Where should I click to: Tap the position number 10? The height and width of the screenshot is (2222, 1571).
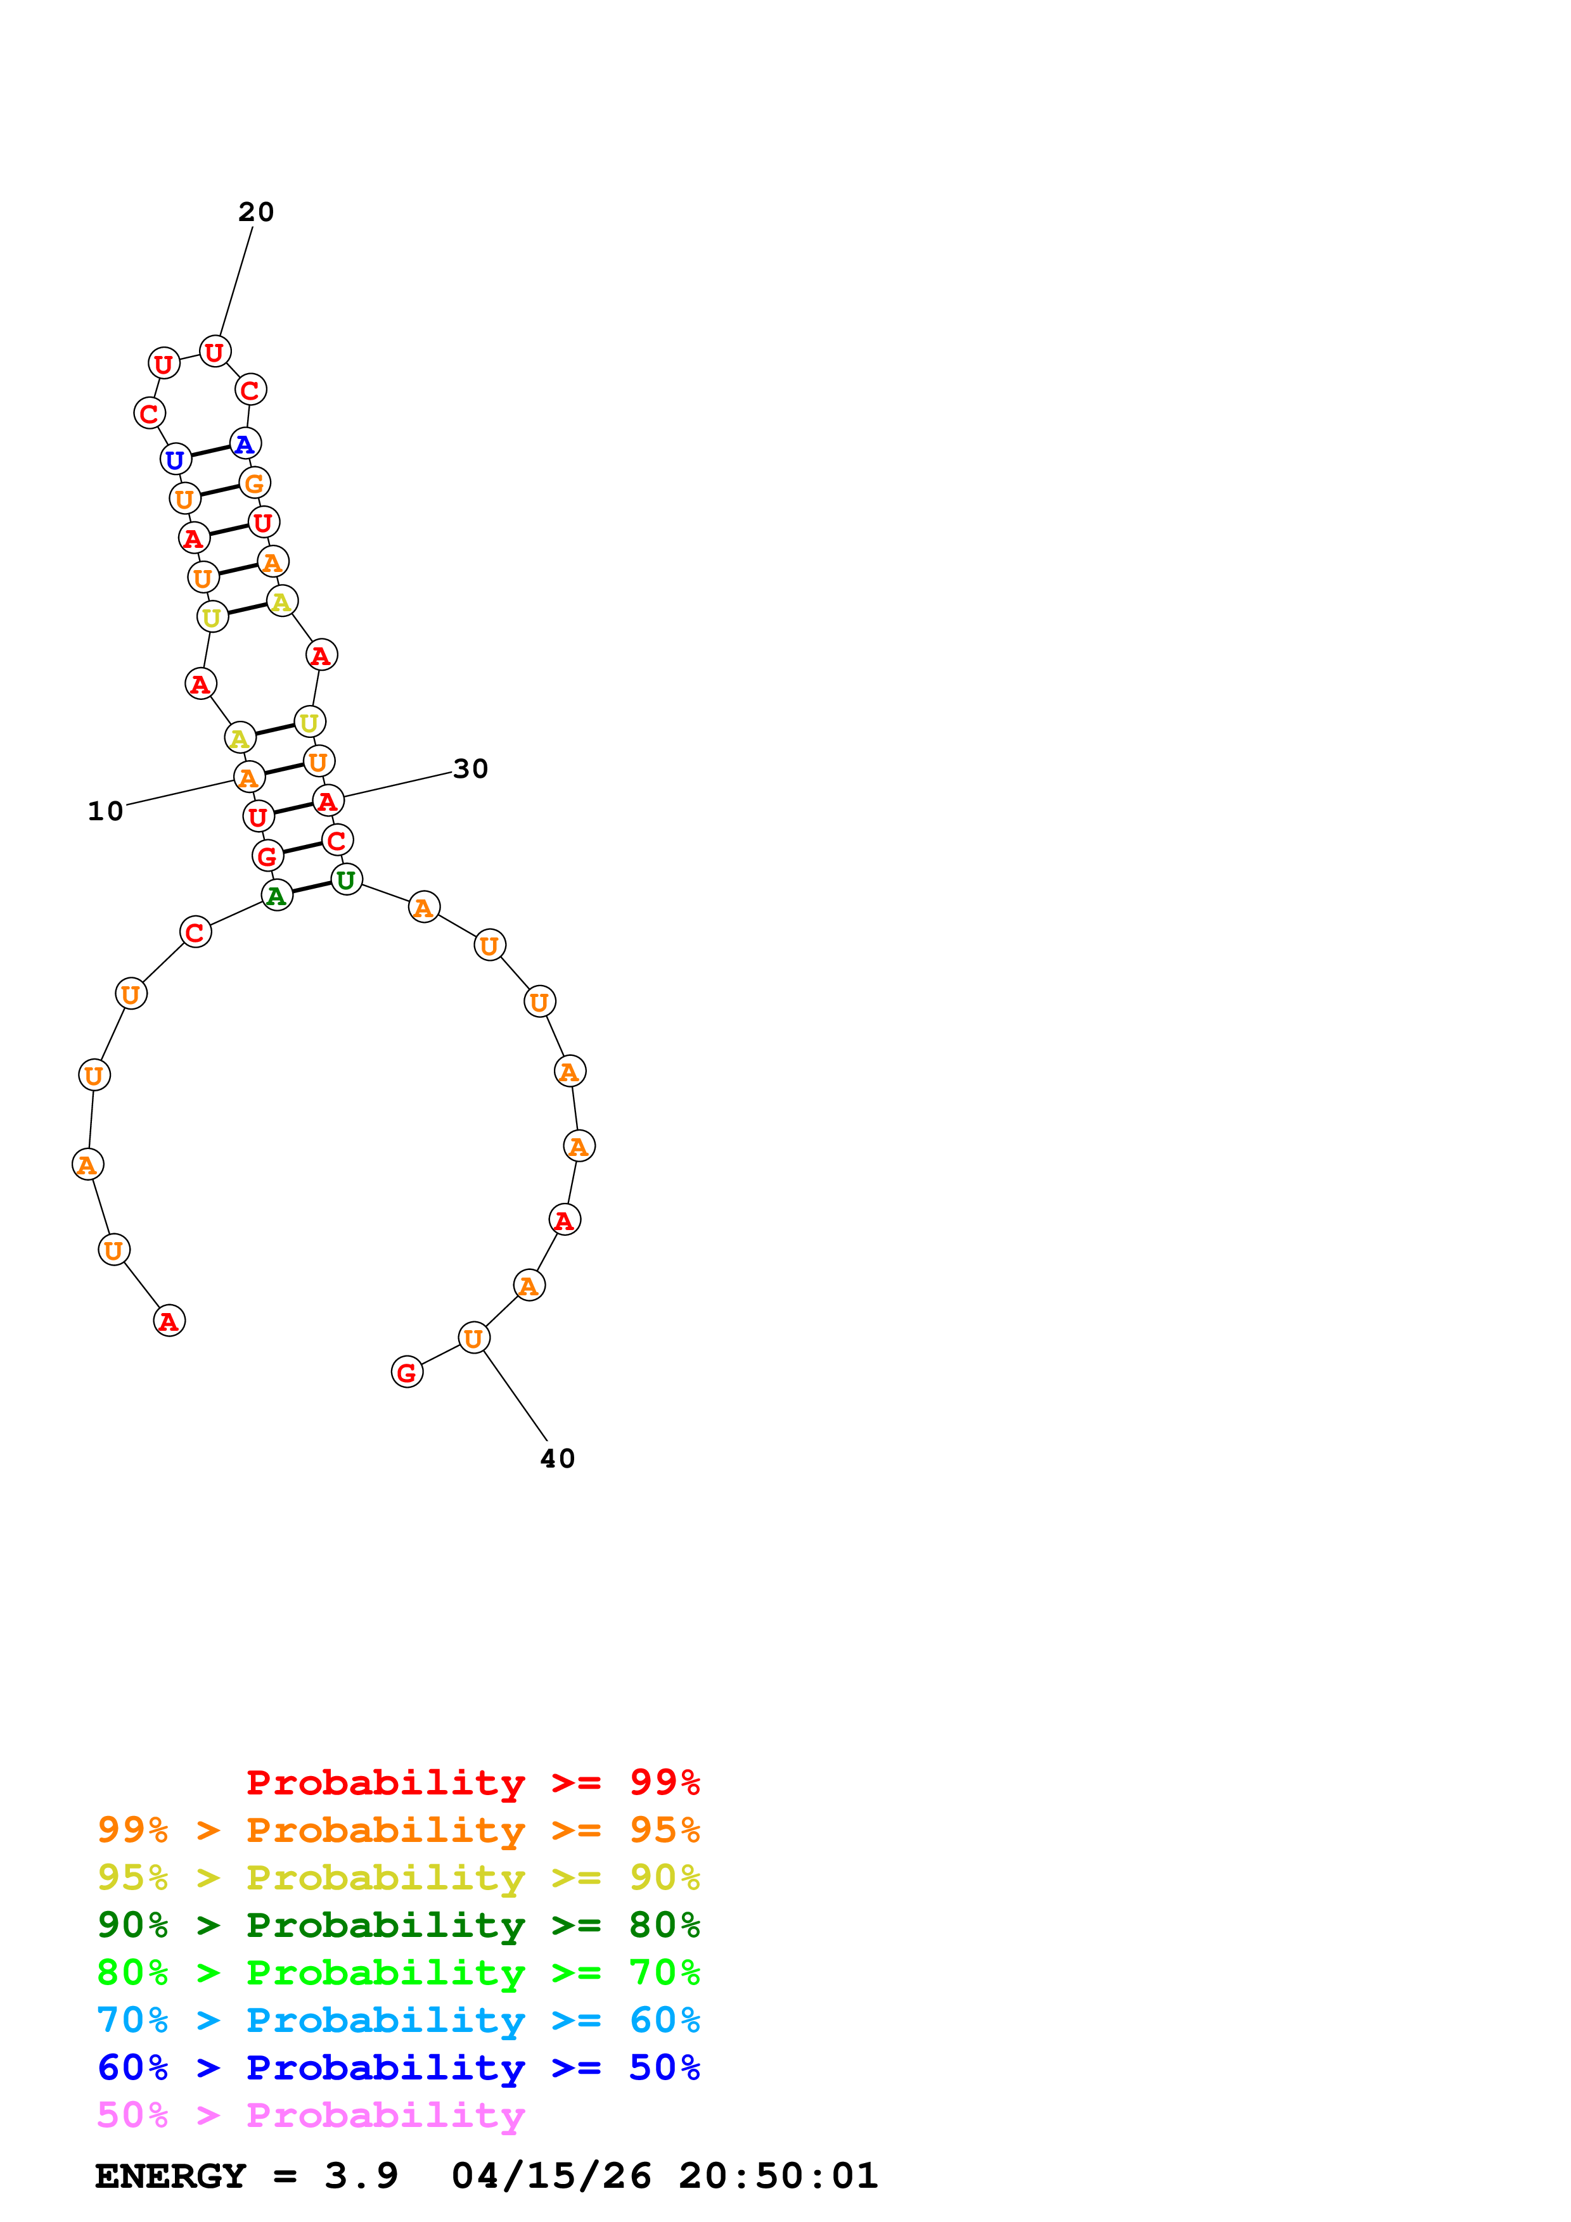click(105, 811)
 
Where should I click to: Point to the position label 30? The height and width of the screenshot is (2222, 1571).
click(470, 768)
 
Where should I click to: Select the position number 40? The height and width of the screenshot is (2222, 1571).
click(558, 1459)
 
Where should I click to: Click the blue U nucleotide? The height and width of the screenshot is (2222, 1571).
click(175, 460)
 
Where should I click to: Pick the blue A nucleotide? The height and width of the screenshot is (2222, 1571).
click(245, 443)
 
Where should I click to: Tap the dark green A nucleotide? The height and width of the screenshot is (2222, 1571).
click(277, 896)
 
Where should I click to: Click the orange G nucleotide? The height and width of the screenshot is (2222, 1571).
click(255, 483)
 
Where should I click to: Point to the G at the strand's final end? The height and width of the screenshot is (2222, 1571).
click(407, 1373)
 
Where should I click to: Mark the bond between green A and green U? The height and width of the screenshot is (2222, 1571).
click(312, 887)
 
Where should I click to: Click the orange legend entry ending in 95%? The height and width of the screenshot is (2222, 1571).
click(398, 1829)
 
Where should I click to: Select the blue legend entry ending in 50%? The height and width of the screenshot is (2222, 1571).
click(398, 2067)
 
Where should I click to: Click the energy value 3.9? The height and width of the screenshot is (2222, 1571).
click(361, 2176)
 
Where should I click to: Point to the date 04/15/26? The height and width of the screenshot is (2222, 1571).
click(551, 2176)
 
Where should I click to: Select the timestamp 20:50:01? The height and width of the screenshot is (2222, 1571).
click(778, 2176)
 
